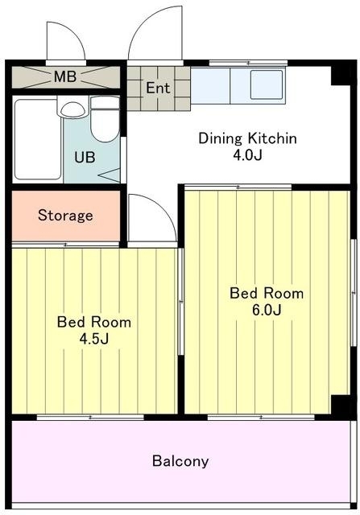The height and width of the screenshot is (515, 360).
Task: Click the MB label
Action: (65, 77)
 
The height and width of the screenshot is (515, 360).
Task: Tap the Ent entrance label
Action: (158, 88)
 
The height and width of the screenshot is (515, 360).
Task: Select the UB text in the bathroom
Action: (85, 158)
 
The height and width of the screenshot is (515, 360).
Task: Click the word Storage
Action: (65, 216)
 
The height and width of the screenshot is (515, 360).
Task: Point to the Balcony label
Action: (180, 461)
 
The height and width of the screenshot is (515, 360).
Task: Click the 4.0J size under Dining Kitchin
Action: (247, 155)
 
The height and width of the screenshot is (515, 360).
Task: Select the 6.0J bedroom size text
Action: (267, 310)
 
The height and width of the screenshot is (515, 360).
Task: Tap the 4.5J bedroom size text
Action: (94, 339)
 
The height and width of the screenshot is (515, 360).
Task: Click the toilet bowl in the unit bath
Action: (105, 126)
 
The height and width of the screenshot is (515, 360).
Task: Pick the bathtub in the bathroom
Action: (38, 139)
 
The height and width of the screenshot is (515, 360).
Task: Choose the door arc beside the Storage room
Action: (163, 209)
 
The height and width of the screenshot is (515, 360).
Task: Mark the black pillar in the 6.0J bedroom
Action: (341, 406)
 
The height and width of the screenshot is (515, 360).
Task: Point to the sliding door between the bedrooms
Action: (181, 301)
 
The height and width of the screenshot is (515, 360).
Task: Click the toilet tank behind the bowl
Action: (105, 103)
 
